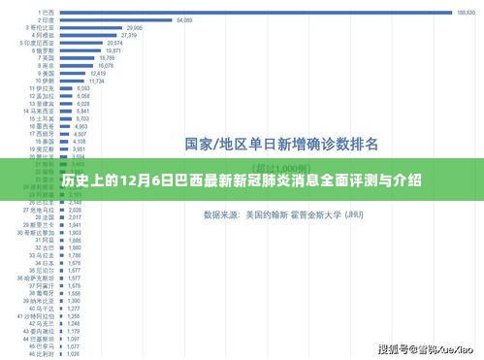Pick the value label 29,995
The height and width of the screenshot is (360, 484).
134,28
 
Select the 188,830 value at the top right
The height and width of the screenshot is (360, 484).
466,13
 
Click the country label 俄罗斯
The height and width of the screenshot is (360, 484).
44,50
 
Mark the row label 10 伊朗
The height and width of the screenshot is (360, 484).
42,81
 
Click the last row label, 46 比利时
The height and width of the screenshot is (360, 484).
39,353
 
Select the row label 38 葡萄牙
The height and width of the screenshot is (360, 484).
39,293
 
